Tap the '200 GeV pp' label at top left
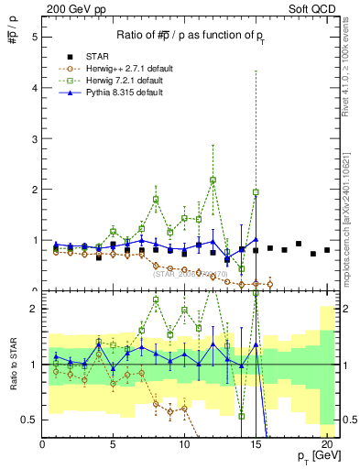tap(70, 8)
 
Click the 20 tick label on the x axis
tap(326, 445)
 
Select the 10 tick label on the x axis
tap(184, 445)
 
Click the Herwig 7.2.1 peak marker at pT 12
tap(213, 180)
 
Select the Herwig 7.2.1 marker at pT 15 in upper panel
tap(256, 192)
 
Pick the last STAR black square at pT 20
tap(327, 250)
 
